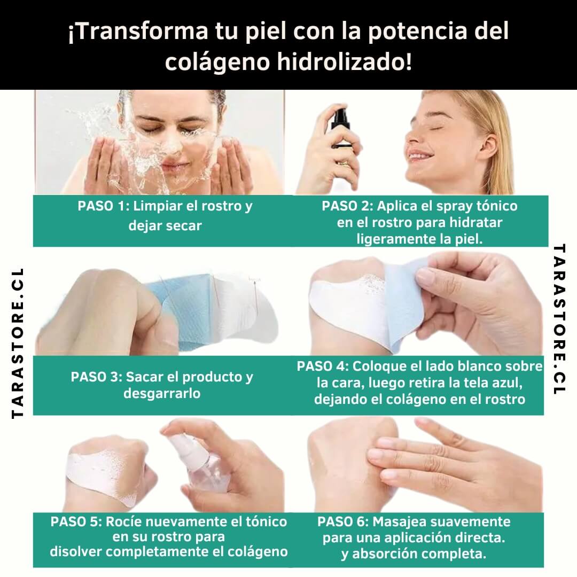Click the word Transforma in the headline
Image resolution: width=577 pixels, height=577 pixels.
138,31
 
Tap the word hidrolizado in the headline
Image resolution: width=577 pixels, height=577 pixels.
344,61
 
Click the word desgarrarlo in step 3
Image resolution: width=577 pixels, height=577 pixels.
162,393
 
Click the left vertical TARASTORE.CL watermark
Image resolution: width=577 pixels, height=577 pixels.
18,343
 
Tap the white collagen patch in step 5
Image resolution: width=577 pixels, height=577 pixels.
104,477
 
